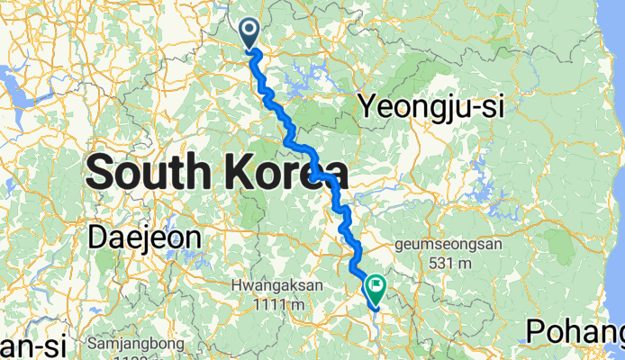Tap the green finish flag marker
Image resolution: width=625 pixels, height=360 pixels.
(375, 288)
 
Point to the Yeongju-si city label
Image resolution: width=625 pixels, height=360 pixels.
(430, 106)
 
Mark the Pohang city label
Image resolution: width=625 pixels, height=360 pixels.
(573, 330)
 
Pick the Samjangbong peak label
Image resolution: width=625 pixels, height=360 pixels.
(138, 344)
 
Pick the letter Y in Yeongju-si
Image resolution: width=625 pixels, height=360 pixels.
(367, 106)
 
